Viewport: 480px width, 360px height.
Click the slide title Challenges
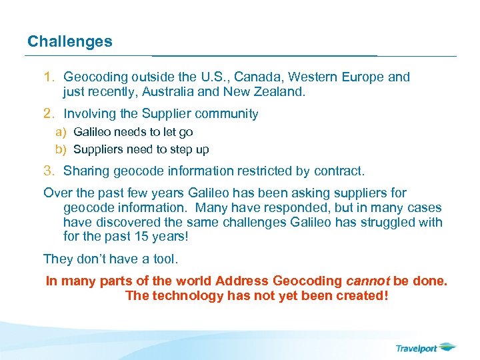(x=70, y=41)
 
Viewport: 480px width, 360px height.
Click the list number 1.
(x=49, y=77)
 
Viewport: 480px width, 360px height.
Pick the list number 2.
(x=49, y=114)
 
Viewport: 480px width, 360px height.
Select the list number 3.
(x=49, y=171)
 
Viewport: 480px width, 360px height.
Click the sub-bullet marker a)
(x=61, y=132)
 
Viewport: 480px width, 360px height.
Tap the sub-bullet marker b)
(x=61, y=149)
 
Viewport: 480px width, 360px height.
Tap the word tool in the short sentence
(x=162, y=259)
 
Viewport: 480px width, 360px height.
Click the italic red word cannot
(x=368, y=281)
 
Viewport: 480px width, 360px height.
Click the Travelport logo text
(x=416, y=347)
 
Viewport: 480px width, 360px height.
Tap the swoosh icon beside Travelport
(x=448, y=346)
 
